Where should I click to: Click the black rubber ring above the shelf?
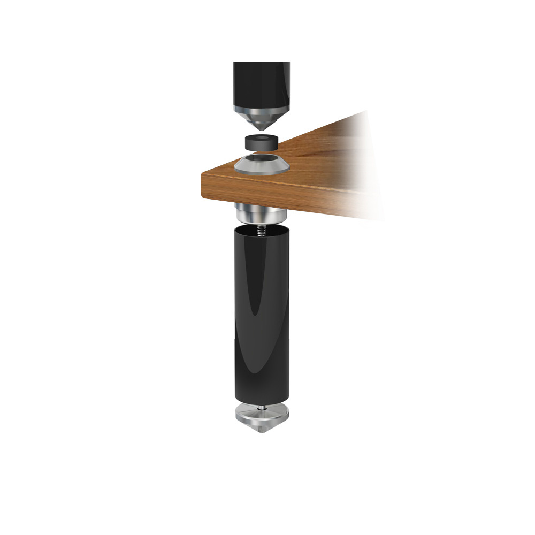pos(261,143)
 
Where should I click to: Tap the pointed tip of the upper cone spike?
pos(262,130)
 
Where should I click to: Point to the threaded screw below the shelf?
pos(262,229)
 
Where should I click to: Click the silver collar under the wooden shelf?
pos(262,213)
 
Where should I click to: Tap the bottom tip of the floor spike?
pos(262,431)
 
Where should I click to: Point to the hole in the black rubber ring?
pos(261,139)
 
